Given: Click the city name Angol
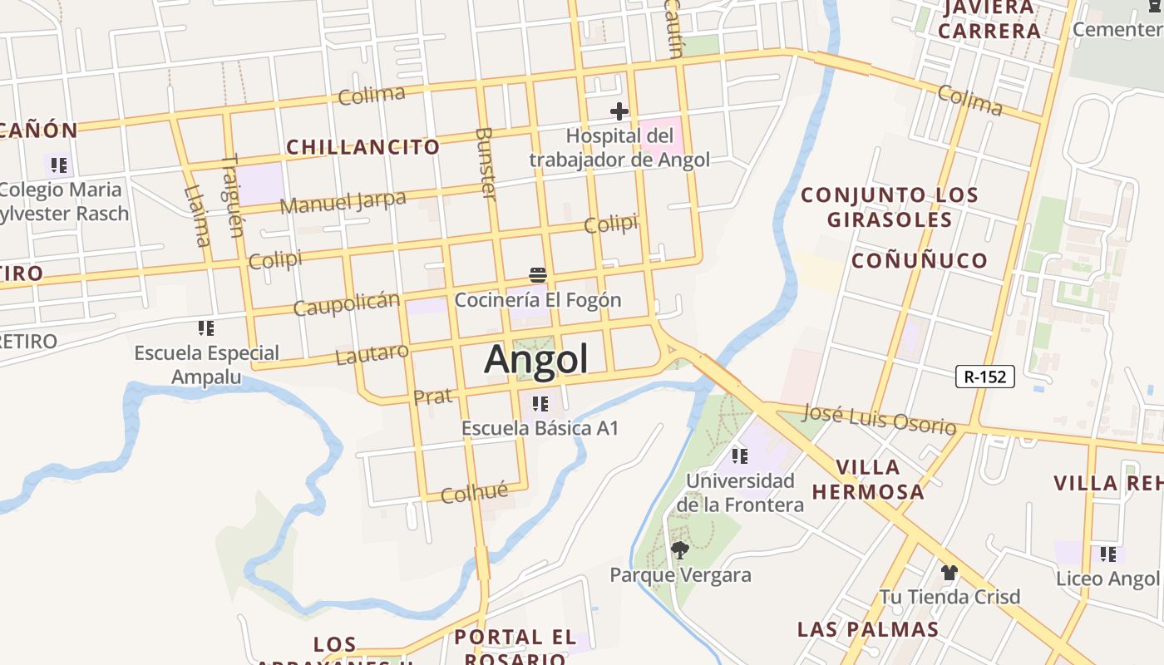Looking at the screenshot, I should pos(536,359).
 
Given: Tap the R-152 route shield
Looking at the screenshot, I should pos(985,377).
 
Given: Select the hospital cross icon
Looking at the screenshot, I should pos(619,111).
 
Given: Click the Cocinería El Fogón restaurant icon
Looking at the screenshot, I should pos(537,275).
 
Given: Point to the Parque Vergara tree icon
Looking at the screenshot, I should pos(679,549).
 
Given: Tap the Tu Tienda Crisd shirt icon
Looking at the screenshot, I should pos(949,572).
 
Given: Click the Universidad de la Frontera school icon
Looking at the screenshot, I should pos(739,456).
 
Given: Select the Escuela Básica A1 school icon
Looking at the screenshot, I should pos(540,404).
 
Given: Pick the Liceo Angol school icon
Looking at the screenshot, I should pos(1108,554).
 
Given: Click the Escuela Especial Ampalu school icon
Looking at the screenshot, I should pos(206,328).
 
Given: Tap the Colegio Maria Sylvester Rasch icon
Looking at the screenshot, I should pos(58,165).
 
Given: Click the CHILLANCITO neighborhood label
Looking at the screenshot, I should pos(363,147).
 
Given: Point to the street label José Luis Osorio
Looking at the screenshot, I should pos(880,419).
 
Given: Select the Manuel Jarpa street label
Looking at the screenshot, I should pos(343,201).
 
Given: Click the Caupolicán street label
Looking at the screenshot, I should pos(346,303).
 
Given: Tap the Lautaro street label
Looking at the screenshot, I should pos(372,354).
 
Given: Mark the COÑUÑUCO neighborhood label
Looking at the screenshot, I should pos(919,260).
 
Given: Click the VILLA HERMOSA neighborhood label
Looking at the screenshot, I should pos(867,480).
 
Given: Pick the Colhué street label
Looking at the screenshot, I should pos(474,493).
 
